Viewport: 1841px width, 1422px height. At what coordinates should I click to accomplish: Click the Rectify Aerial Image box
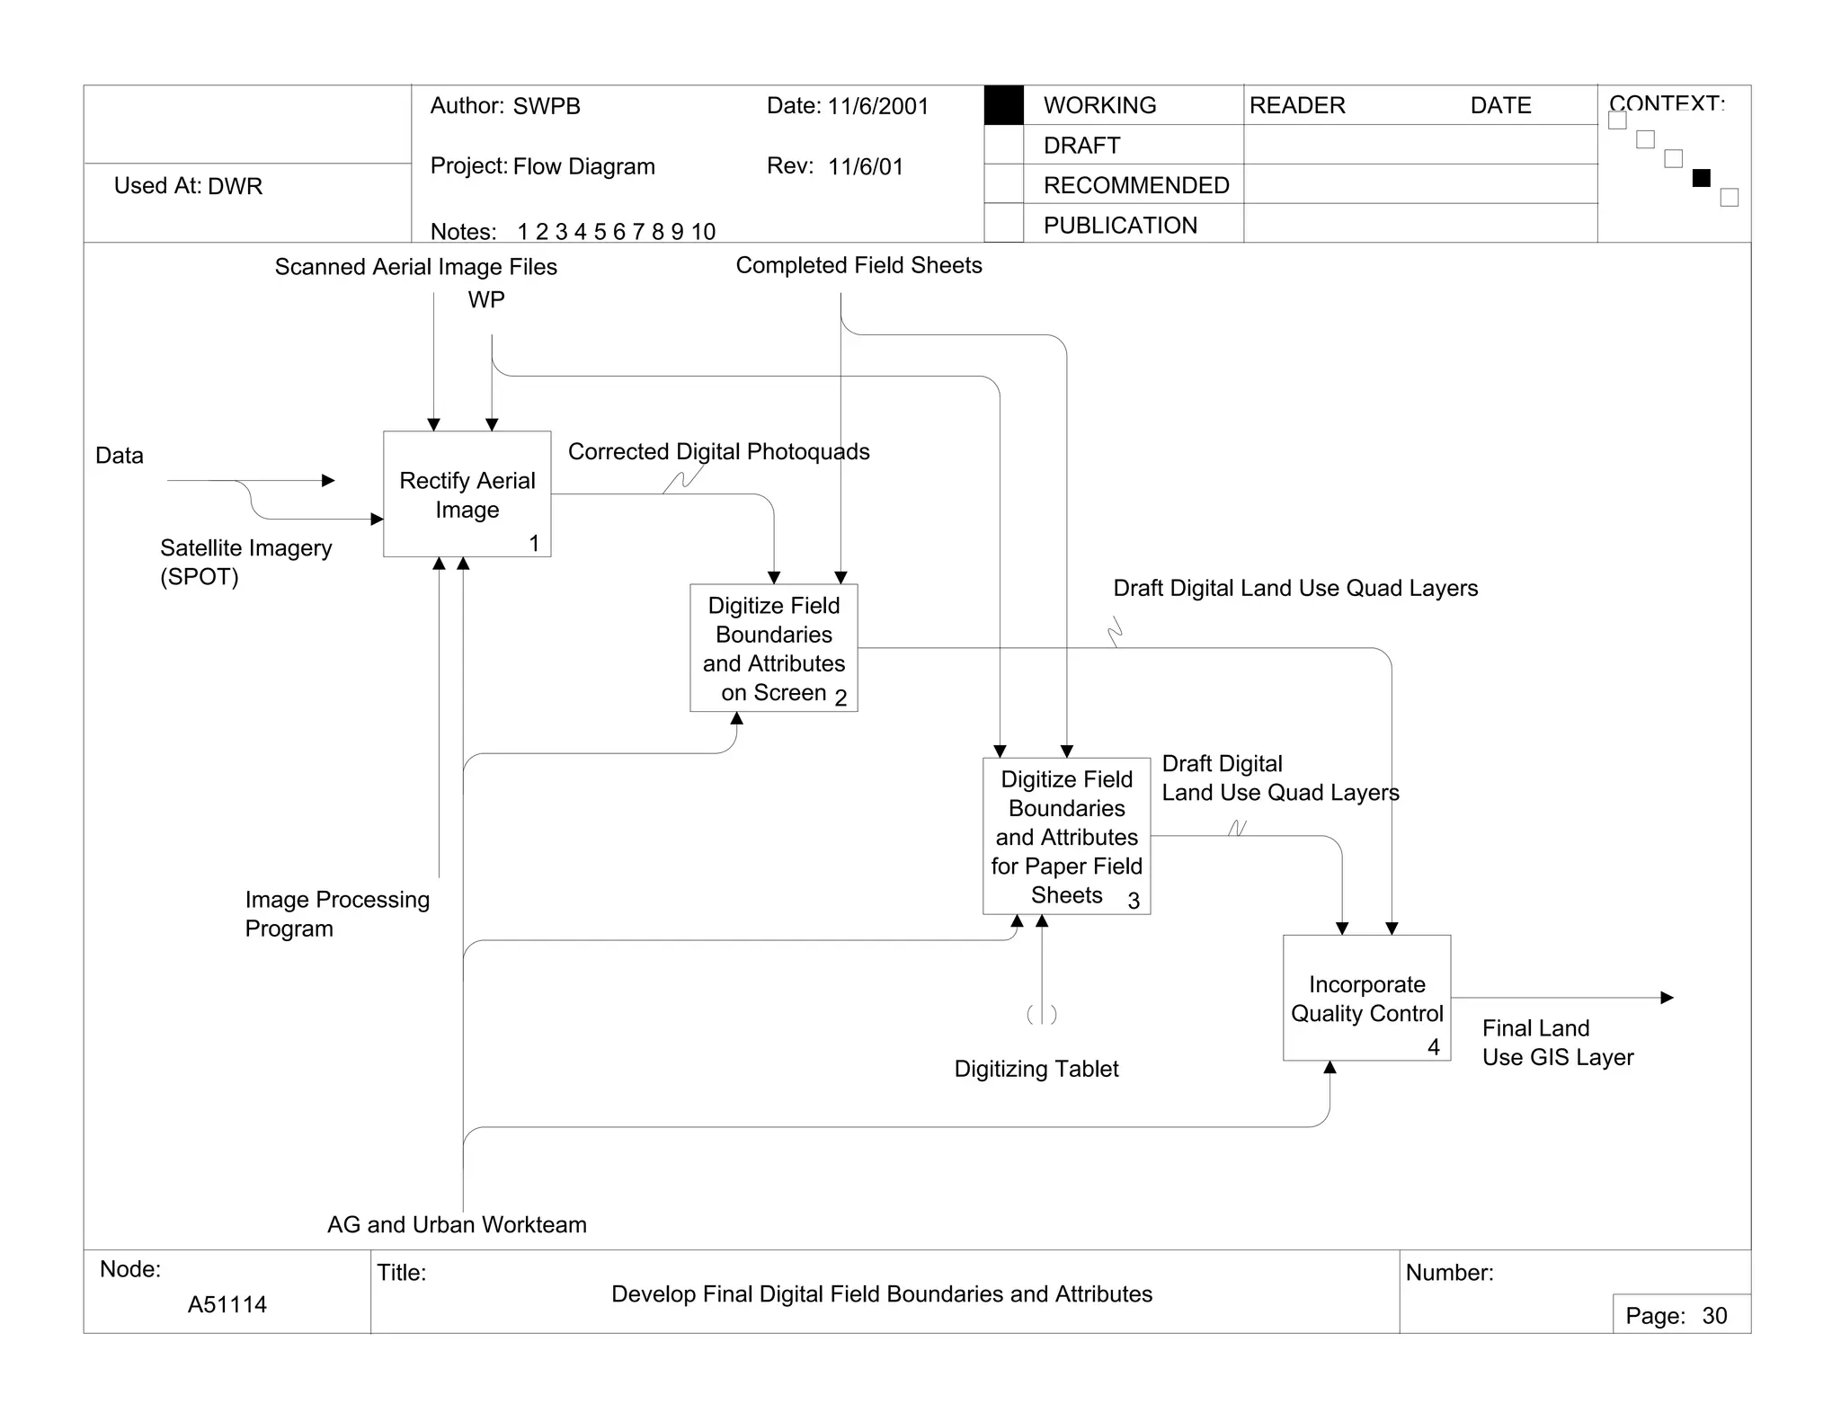pos(467,493)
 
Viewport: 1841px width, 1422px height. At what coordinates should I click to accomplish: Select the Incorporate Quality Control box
pos(1366,998)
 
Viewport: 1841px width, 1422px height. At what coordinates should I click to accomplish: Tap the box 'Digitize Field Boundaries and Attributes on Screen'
pos(773,648)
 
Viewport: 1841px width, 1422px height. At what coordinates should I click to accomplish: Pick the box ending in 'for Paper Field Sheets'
pos(1066,836)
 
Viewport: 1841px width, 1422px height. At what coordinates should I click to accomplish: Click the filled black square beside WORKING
pos(1004,105)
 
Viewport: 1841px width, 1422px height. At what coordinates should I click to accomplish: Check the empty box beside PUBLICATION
pos(1004,223)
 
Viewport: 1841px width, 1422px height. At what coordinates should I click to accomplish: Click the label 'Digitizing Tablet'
pos(1036,1069)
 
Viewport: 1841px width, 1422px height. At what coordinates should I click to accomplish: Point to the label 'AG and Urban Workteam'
pos(457,1224)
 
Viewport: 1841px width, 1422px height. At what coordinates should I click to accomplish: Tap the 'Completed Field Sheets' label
pos(858,265)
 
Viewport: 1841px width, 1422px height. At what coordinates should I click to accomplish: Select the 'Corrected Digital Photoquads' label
pos(718,451)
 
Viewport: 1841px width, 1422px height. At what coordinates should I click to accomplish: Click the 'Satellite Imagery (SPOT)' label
pos(245,562)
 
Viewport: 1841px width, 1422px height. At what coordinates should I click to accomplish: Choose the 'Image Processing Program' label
pos(337,913)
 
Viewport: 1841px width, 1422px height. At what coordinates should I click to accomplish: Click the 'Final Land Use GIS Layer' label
pos(1557,1043)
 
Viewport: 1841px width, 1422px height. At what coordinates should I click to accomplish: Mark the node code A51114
pos(227,1304)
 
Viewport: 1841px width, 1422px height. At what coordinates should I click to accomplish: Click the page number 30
pos(1714,1316)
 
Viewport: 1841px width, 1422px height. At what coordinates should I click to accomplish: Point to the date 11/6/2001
pos(877,106)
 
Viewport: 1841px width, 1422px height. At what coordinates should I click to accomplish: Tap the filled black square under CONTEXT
pos(1701,178)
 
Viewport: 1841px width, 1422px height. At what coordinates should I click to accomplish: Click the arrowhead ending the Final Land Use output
pos(1668,998)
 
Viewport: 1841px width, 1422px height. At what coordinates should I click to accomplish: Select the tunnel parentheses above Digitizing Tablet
pos(1042,1015)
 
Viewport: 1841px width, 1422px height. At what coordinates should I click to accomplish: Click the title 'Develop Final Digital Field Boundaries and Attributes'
pos(881,1293)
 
